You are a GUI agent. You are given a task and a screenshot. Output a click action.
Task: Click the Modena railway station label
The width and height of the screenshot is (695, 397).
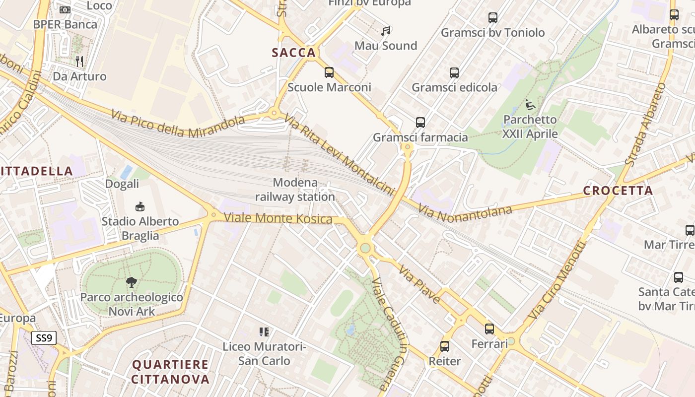[x=295, y=190]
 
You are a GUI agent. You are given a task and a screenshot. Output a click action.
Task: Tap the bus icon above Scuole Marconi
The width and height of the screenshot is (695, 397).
[x=329, y=72]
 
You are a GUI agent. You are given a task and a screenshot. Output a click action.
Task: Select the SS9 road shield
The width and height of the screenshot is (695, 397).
[x=44, y=338]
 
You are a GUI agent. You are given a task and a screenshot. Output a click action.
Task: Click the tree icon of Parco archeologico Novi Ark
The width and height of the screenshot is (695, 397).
[x=132, y=283]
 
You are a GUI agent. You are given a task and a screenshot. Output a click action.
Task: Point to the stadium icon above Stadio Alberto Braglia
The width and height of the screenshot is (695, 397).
[x=140, y=206]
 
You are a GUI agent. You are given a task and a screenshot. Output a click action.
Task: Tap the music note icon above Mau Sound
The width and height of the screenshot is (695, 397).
[x=386, y=31]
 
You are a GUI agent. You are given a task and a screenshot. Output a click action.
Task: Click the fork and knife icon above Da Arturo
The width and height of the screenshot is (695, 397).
[x=79, y=62]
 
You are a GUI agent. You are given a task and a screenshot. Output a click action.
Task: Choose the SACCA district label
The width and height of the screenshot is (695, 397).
[x=294, y=53]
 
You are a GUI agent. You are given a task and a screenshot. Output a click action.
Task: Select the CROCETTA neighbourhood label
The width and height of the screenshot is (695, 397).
[x=618, y=191]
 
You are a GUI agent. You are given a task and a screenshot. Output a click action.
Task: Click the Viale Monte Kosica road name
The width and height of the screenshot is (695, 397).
[x=278, y=218]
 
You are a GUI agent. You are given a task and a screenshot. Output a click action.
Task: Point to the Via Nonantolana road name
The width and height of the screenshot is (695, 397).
[x=465, y=211]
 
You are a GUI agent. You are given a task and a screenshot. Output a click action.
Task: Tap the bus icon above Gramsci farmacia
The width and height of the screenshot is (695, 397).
[x=420, y=122]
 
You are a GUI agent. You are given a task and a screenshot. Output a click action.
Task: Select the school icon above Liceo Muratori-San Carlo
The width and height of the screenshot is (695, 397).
[x=264, y=331]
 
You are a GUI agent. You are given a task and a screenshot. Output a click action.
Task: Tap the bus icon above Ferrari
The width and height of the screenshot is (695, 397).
[x=489, y=329]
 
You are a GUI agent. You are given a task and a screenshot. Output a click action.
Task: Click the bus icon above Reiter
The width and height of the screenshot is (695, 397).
[x=445, y=346]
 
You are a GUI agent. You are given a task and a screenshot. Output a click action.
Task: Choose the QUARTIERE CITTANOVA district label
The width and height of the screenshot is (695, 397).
[x=170, y=372]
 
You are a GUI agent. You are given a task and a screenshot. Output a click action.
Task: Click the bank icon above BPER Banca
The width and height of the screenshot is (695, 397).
[x=65, y=9]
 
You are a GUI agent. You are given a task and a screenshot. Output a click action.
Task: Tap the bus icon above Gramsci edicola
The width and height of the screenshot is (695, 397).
[x=454, y=73]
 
